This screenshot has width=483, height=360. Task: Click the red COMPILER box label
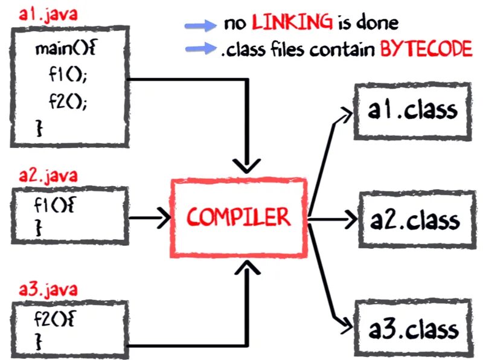[x=238, y=217]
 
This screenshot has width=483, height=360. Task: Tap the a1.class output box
[x=412, y=111]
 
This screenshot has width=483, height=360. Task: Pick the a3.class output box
[x=413, y=330]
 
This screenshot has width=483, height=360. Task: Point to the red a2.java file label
[x=40, y=176]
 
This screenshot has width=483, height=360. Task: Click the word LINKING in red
[x=292, y=23]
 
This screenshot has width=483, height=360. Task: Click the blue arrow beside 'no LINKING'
[x=201, y=25]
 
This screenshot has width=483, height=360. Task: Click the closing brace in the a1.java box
[x=40, y=127]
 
